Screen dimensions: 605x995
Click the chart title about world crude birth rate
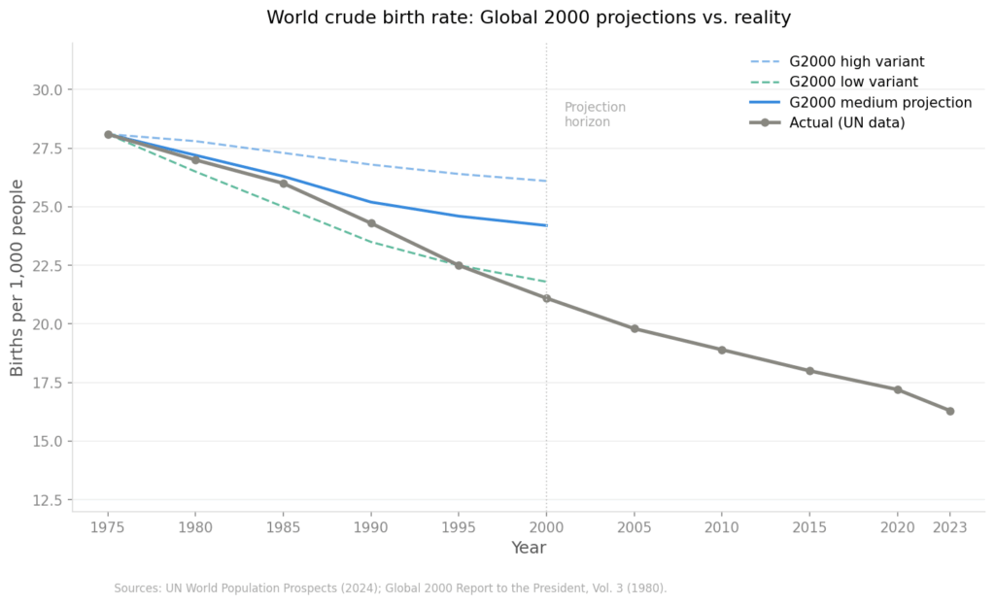point(529,17)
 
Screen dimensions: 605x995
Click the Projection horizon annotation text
point(595,115)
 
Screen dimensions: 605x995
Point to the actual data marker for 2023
point(949,411)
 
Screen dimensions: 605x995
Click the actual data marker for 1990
point(371,223)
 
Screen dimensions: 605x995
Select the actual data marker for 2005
point(635,328)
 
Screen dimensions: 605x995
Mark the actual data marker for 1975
point(108,135)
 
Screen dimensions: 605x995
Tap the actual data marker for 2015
point(809,371)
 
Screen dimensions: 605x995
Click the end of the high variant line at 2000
point(546,181)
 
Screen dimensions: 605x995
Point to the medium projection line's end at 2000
point(546,225)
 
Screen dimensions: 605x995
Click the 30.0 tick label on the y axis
point(46,90)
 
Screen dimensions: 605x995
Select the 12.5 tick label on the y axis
point(46,500)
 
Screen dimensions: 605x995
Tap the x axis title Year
point(529,549)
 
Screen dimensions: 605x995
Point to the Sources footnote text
point(390,588)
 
